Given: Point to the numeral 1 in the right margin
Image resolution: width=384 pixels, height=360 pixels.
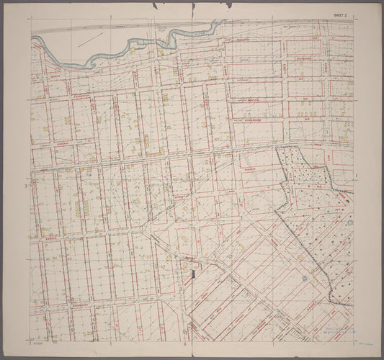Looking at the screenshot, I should (x=357, y=174).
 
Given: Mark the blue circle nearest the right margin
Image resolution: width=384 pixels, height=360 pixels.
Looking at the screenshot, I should (x=350, y=222).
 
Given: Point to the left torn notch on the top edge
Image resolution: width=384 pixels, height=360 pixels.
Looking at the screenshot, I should (x=155, y=6).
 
